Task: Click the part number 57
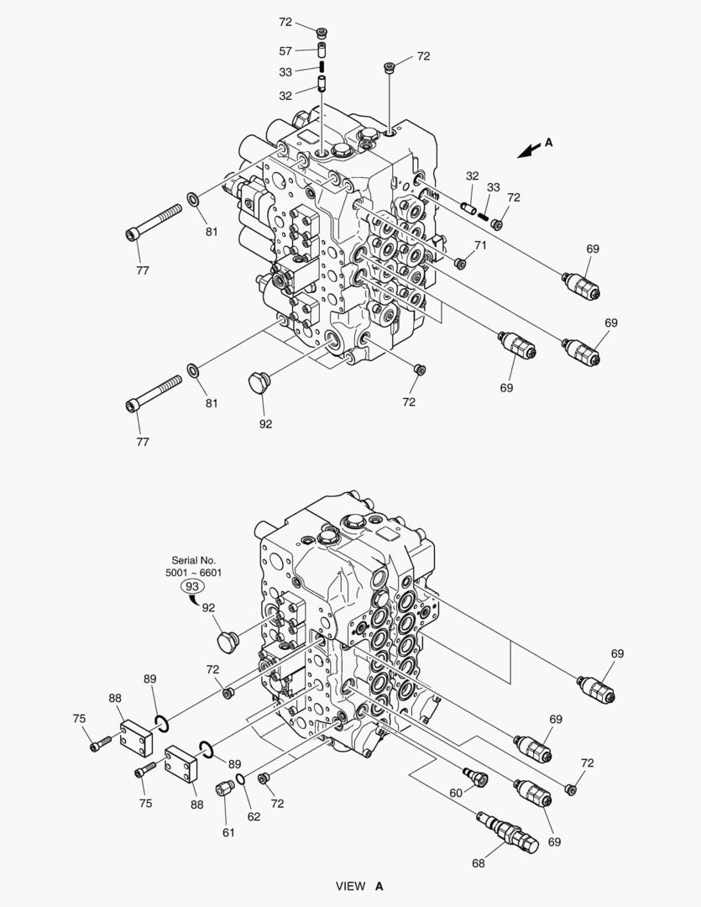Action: pyautogui.click(x=286, y=52)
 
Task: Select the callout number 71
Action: pyautogui.click(x=480, y=245)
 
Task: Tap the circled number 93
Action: pyautogui.click(x=192, y=586)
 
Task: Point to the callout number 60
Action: pyautogui.click(x=456, y=792)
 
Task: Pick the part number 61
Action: pyautogui.click(x=228, y=832)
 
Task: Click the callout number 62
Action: pyautogui.click(x=253, y=816)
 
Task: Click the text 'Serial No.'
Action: pyautogui.click(x=194, y=560)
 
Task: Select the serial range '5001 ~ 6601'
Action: pyautogui.click(x=194, y=573)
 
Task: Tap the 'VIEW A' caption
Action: pyautogui.click(x=359, y=886)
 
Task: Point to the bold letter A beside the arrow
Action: pyautogui.click(x=548, y=143)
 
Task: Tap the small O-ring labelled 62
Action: pyautogui.click(x=241, y=781)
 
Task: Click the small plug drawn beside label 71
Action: pyautogui.click(x=460, y=264)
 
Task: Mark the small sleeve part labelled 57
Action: pyautogui.click(x=321, y=51)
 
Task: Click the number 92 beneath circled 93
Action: pyautogui.click(x=208, y=606)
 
